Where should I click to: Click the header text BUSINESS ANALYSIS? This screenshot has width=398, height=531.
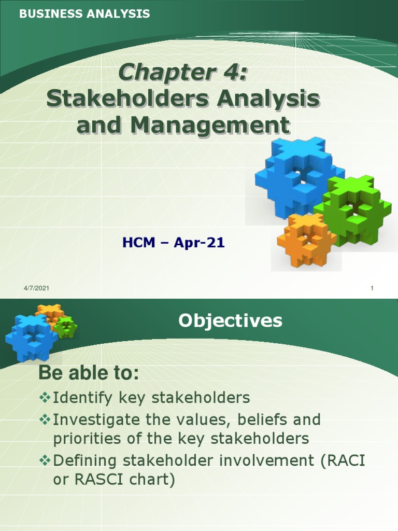(84, 14)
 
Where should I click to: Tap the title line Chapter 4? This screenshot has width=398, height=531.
(183, 73)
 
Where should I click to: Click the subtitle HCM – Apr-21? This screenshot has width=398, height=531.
(173, 242)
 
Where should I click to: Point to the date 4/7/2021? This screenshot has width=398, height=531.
(36, 289)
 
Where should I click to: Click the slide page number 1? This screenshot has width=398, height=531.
(372, 289)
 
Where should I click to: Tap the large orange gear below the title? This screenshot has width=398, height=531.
(306, 239)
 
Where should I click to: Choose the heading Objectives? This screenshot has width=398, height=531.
(230, 321)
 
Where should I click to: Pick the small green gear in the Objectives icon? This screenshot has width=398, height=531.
(66, 328)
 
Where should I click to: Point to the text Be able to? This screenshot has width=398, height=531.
(89, 373)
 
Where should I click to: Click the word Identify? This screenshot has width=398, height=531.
(82, 398)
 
